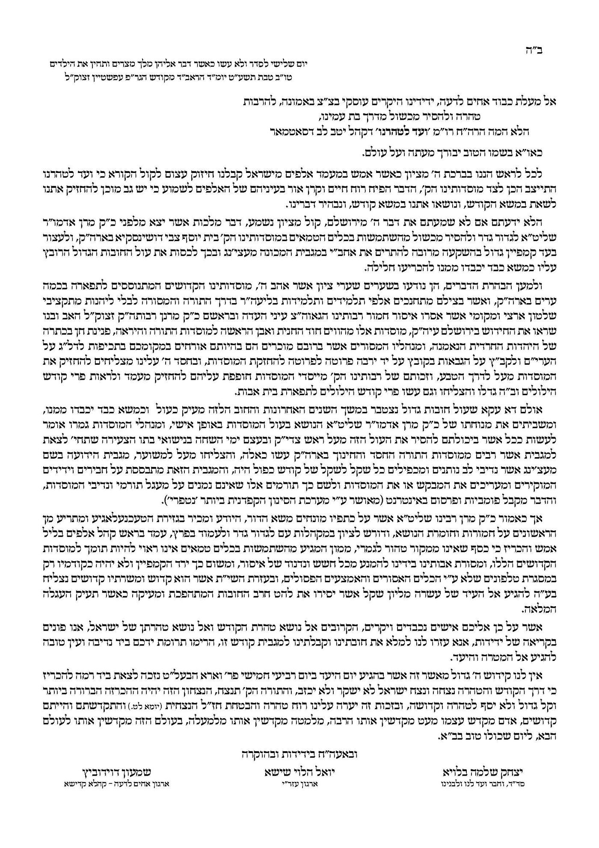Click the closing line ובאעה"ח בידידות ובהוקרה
coord(296,754)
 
